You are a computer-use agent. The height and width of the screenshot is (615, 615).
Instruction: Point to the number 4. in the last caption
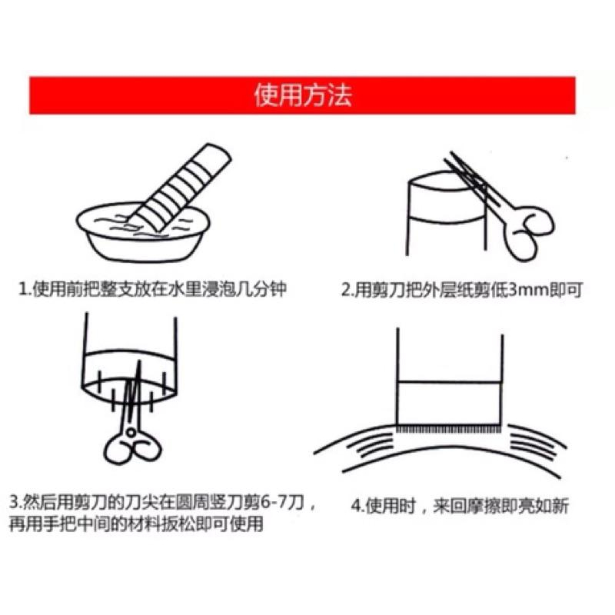[x=355, y=507]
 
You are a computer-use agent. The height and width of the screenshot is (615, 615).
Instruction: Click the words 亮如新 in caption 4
[x=549, y=507]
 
